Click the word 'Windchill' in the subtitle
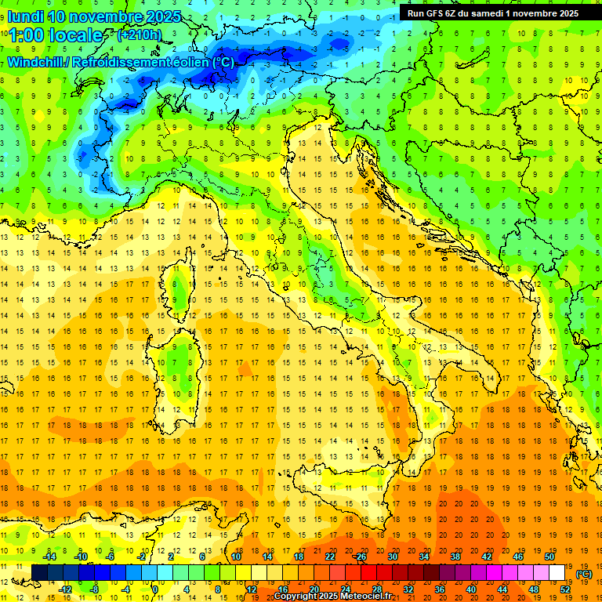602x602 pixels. point(35,62)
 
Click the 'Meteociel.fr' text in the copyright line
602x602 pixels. point(361,597)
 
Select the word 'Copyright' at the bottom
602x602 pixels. point(296,597)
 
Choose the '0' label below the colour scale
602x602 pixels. point(155,589)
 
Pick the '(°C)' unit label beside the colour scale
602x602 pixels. point(584,574)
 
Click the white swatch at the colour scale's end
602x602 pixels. point(557,573)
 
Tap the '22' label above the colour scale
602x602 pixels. point(330,557)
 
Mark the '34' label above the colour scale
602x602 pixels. point(423,557)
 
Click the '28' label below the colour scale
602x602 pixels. point(377,589)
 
